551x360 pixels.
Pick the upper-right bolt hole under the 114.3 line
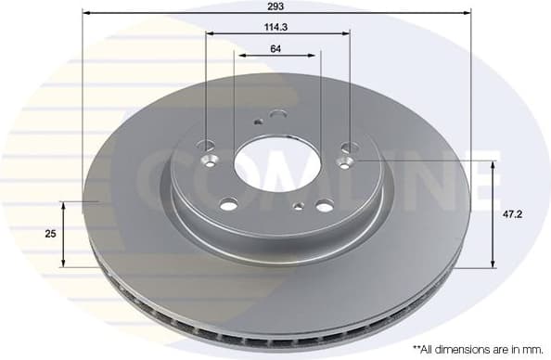tap(349, 146)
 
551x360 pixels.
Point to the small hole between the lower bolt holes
tap(297, 207)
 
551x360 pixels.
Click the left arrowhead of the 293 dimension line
tap(86, 13)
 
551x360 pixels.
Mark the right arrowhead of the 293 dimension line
tap(468, 13)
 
